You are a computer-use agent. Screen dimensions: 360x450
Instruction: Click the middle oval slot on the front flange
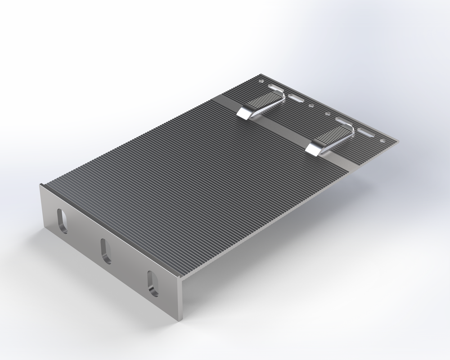coord(106,251)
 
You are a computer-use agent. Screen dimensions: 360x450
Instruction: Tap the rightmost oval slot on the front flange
coord(153,283)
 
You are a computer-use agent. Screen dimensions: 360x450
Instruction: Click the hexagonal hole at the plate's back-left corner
coord(261,81)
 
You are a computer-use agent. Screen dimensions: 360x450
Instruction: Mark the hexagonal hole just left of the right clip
coord(327,114)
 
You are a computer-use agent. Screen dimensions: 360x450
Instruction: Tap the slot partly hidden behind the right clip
coord(343,121)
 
